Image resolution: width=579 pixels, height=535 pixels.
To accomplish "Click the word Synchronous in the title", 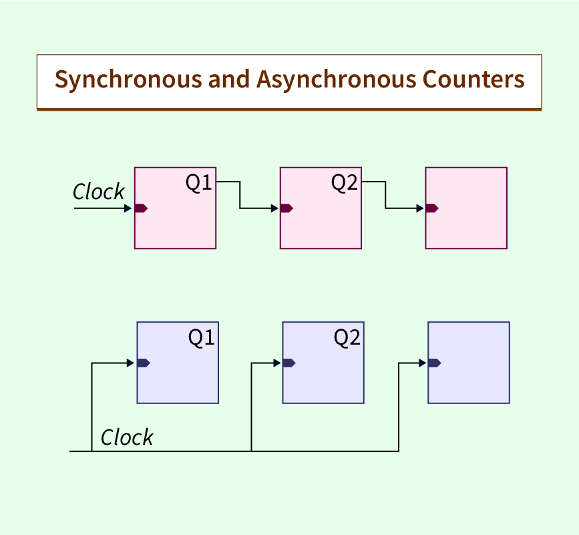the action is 128,79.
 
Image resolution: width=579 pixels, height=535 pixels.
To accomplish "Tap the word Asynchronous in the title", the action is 336,79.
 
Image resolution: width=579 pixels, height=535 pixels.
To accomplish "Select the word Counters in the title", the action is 473,79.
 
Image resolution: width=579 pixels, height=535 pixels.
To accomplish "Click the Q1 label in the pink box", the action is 198,182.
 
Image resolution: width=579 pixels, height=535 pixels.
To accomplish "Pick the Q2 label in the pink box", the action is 344,182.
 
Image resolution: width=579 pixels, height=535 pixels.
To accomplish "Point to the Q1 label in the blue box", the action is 201,337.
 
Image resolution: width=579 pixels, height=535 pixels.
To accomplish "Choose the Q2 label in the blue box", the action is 347,337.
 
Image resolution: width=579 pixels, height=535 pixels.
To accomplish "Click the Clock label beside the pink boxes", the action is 99,191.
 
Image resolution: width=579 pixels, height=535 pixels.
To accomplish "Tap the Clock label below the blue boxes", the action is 127,437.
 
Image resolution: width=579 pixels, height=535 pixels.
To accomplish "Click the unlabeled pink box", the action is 466,208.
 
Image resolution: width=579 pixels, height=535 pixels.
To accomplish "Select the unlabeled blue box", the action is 469,363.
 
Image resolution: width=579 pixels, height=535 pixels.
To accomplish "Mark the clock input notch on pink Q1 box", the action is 141,208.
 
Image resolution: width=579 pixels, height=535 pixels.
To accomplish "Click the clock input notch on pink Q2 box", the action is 286,208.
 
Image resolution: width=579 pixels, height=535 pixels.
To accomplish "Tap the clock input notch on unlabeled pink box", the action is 432,208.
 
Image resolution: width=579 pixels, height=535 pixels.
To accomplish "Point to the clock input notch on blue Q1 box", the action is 144,363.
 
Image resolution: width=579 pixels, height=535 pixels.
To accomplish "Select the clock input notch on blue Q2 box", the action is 289,363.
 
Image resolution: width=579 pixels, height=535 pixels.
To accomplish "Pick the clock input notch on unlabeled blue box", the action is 435,363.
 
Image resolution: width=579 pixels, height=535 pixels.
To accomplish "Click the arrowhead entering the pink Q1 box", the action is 128,208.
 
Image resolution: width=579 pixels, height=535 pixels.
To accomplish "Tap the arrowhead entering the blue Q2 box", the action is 277,363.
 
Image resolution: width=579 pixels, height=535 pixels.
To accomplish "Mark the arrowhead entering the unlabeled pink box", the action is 420,208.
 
